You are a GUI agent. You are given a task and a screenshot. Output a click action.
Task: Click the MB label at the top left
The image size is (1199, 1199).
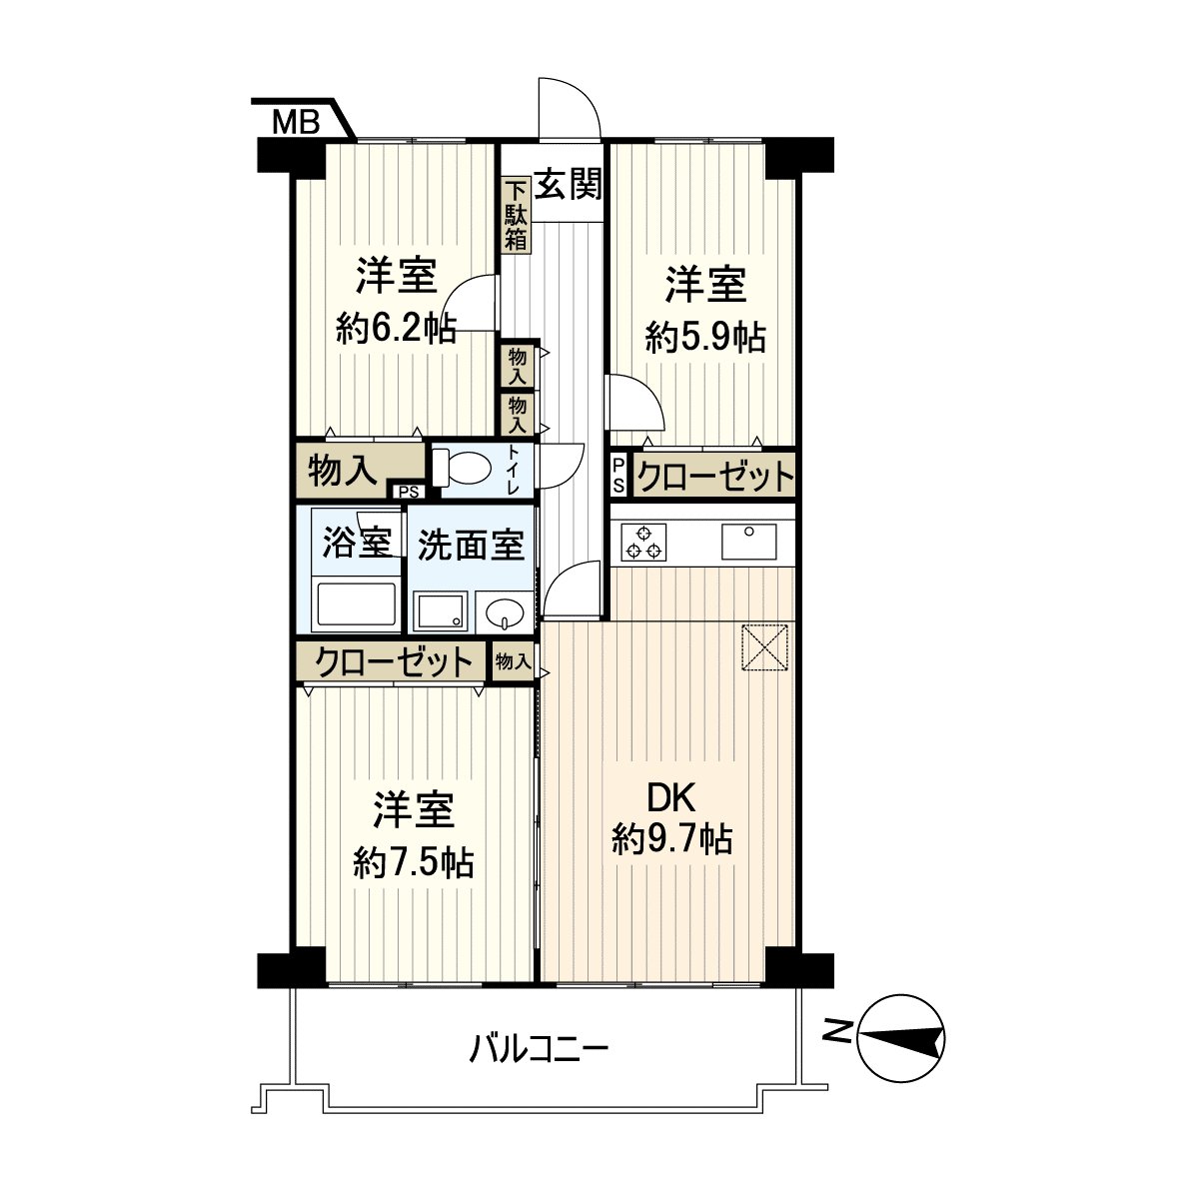296,123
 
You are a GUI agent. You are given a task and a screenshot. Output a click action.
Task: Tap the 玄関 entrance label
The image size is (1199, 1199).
568,185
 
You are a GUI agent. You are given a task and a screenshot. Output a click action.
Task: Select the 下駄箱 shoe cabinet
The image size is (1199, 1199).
516,214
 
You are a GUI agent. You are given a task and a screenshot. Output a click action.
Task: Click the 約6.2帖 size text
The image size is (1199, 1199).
397,327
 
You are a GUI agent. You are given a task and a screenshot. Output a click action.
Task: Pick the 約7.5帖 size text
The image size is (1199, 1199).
414,860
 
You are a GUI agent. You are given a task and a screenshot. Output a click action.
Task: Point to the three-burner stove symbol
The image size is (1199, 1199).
642,542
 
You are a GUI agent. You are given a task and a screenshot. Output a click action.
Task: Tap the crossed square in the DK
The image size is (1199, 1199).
767,647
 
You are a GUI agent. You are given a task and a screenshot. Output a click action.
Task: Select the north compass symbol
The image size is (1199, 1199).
900,1040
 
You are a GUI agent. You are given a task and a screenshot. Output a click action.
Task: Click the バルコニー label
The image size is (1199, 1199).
540,1050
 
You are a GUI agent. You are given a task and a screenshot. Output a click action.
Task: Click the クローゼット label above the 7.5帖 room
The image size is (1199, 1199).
393,661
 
